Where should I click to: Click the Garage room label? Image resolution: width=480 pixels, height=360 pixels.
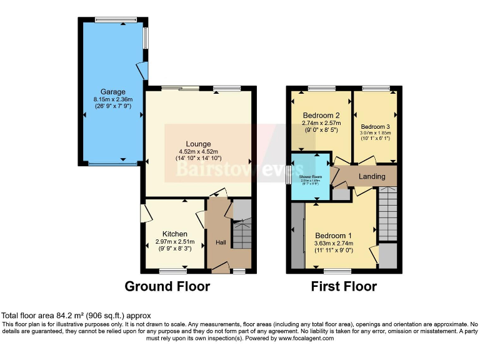pos(109,92)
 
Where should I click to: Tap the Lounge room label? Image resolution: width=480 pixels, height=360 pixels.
pos(197,144)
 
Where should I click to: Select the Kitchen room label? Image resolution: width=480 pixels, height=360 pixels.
pos(175,234)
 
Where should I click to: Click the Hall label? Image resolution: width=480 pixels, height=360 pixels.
pos(221,242)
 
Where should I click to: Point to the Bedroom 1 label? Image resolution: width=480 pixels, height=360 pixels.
pos(334,236)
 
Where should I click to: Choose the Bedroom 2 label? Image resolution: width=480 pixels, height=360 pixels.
pos(321,116)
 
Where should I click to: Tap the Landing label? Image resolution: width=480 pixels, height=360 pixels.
pos(371,177)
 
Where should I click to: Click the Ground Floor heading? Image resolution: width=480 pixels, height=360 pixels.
pos(167,287)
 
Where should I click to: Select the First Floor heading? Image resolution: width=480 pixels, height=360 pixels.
pos(344,287)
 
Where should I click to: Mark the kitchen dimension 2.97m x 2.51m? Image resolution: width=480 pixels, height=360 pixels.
pos(175,242)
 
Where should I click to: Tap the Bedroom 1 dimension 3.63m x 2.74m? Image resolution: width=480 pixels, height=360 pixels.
pos(334,244)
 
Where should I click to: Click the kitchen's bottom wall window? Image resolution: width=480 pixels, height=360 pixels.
pos(173,271)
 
